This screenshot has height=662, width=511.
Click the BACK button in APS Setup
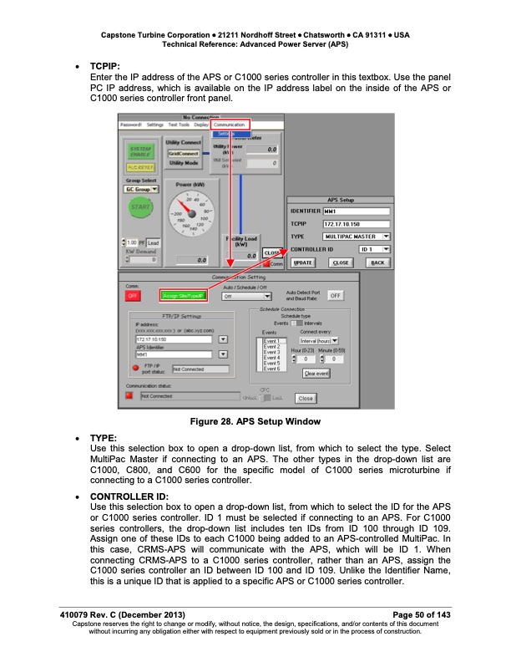pos(378,262)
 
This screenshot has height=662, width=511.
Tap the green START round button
pos(140,206)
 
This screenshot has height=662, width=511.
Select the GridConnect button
pos(182,153)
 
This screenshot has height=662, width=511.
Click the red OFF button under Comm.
pos(133,295)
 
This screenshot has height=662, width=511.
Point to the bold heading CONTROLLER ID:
pos(122,496)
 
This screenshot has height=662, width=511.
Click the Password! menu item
pos(132,125)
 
